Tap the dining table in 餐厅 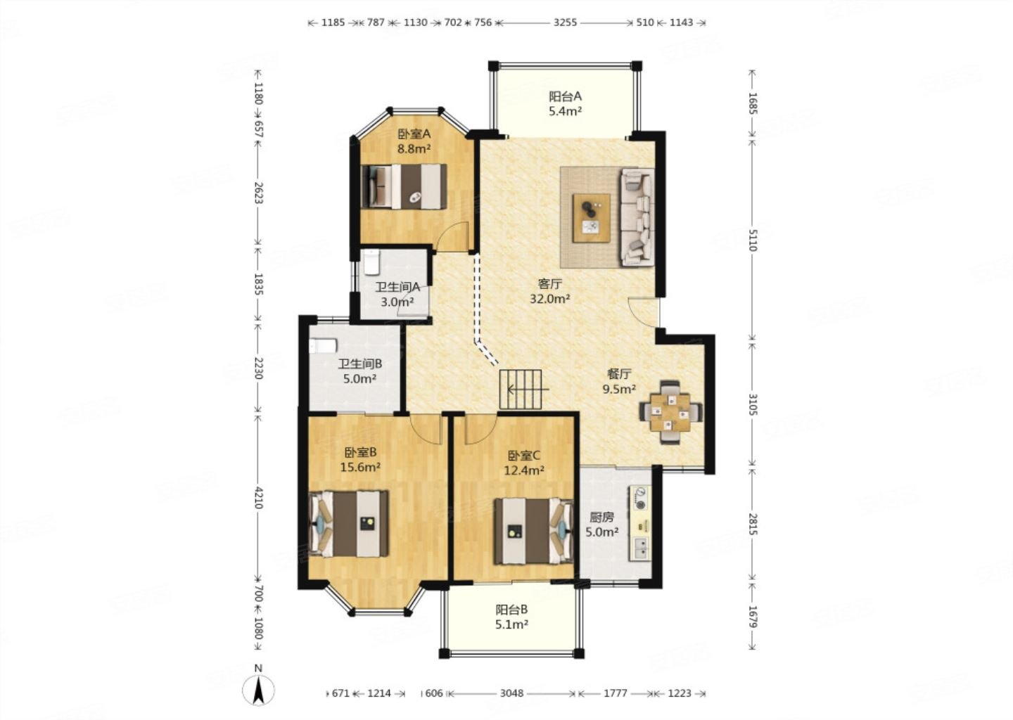click(670, 412)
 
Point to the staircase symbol click(521, 389)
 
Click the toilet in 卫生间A click(371, 263)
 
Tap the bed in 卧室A click(404, 186)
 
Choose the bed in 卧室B click(348, 524)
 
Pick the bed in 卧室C click(534, 531)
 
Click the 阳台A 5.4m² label click(566, 103)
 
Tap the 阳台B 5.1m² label click(512, 617)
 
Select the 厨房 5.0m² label click(602, 525)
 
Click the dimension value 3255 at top click(566, 22)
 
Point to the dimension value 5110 click(753, 240)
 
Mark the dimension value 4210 click(258, 497)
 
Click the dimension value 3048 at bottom click(512, 693)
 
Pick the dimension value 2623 click(258, 193)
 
